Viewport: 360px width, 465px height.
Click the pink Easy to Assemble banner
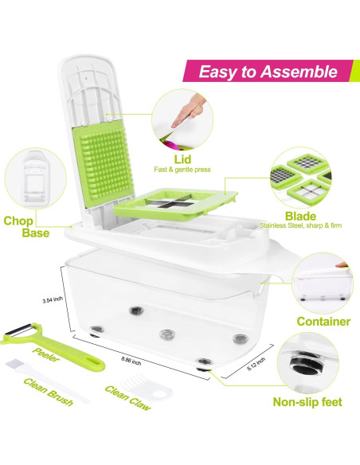(268, 72)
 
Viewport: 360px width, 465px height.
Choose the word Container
(323, 322)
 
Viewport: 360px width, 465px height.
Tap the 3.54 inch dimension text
(53, 300)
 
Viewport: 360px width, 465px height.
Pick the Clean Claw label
(127, 392)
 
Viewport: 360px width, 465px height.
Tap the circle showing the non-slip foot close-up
(307, 363)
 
